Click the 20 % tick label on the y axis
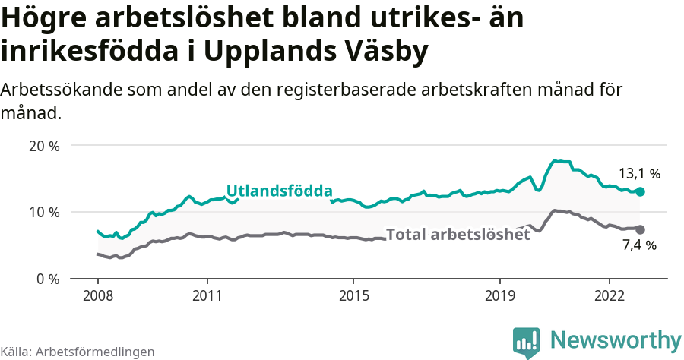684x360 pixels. click(x=44, y=146)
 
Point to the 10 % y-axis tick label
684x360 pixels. click(x=44, y=212)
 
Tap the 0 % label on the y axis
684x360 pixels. click(x=47, y=279)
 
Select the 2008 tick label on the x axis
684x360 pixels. click(x=98, y=295)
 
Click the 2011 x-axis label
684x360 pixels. click(x=207, y=295)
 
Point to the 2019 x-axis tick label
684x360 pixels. click(x=500, y=295)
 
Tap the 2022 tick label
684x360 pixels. click(x=610, y=295)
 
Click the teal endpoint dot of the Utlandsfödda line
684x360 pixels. click(x=640, y=192)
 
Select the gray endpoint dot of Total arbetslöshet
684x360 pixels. click(x=640, y=229)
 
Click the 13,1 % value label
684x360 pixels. click(x=638, y=174)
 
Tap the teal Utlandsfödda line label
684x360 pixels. click(x=279, y=191)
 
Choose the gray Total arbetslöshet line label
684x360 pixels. click(x=458, y=235)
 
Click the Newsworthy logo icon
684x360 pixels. click(x=527, y=342)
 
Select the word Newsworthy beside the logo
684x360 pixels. click(x=616, y=339)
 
